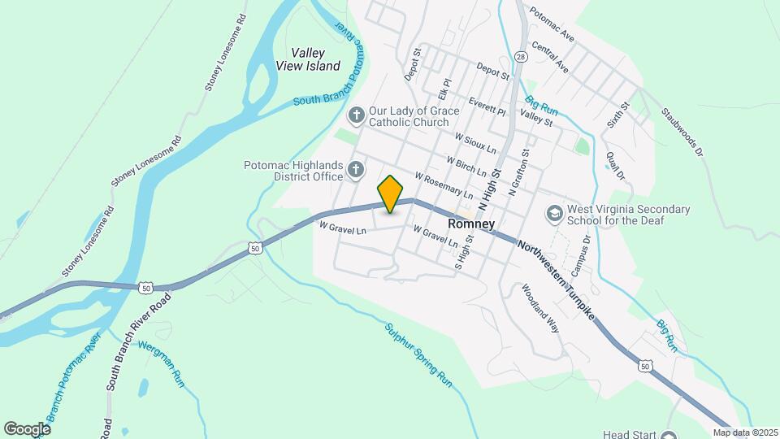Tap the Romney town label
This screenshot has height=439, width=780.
[472, 222]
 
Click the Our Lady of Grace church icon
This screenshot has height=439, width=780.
[356, 116]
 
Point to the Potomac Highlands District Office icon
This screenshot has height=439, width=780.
[355, 170]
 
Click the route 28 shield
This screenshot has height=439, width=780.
[520, 56]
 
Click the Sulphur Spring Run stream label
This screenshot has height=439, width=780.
[418, 354]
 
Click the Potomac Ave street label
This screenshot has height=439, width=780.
[552, 25]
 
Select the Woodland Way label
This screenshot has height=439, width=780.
[541, 310]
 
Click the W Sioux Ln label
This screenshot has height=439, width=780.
[475, 148]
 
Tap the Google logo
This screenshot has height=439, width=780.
[27, 428]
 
